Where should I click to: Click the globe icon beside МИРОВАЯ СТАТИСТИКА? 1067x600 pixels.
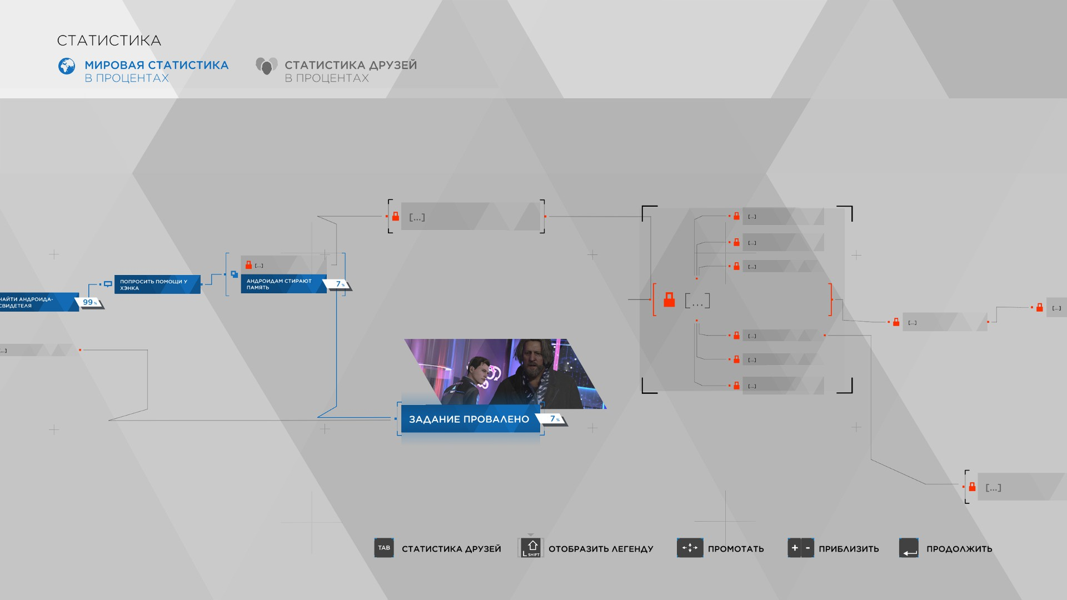(x=67, y=66)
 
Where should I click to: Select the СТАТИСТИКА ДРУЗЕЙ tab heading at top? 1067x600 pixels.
(x=350, y=66)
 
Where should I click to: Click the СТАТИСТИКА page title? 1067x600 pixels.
(x=109, y=41)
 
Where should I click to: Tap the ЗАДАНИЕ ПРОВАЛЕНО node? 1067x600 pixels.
(x=469, y=419)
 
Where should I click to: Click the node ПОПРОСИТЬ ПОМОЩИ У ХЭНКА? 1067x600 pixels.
(x=157, y=284)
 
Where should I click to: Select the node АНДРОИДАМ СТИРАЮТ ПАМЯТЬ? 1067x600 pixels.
(x=283, y=284)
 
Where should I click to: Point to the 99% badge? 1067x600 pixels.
(x=89, y=302)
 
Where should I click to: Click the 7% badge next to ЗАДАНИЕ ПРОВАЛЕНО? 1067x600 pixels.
(x=554, y=419)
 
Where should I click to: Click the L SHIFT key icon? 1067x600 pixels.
(x=531, y=548)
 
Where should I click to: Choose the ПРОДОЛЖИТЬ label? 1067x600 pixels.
(x=959, y=549)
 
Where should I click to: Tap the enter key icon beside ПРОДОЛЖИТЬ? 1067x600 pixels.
(x=909, y=548)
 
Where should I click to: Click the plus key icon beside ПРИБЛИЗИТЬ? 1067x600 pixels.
(x=795, y=548)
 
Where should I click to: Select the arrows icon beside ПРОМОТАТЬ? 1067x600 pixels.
(x=690, y=548)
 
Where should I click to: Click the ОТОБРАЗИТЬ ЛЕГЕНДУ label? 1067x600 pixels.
(x=600, y=549)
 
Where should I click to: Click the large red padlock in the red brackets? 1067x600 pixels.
(x=669, y=300)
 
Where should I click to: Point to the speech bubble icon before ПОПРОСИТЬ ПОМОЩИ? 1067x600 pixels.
(x=108, y=284)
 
